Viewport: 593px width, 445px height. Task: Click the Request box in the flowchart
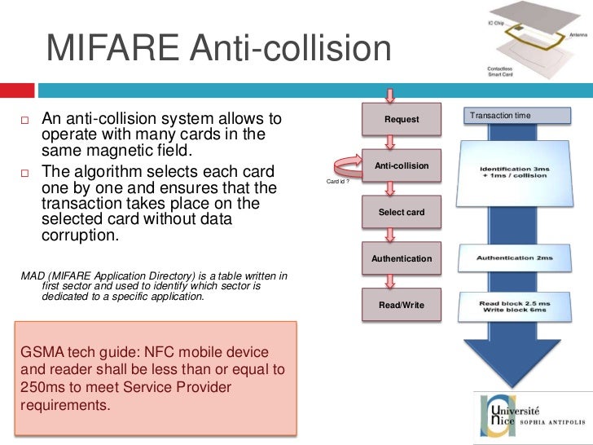coord(402,119)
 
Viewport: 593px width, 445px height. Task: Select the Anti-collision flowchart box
coord(402,166)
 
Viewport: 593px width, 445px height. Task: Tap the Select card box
coord(402,212)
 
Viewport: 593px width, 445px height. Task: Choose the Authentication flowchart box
coord(402,258)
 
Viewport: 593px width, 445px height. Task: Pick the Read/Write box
coord(402,305)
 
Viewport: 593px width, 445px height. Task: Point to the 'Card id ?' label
coord(338,182)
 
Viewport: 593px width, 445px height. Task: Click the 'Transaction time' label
coord(500,116)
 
